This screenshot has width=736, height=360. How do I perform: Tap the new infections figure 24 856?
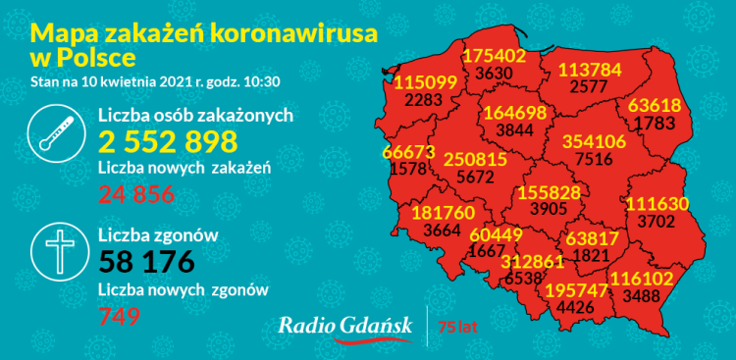tap(136, 194)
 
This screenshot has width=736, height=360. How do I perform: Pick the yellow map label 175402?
tap(494, 56)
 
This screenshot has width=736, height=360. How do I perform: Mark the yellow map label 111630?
tap(658, 203)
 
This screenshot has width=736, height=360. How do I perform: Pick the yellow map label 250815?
tap(475, 159)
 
